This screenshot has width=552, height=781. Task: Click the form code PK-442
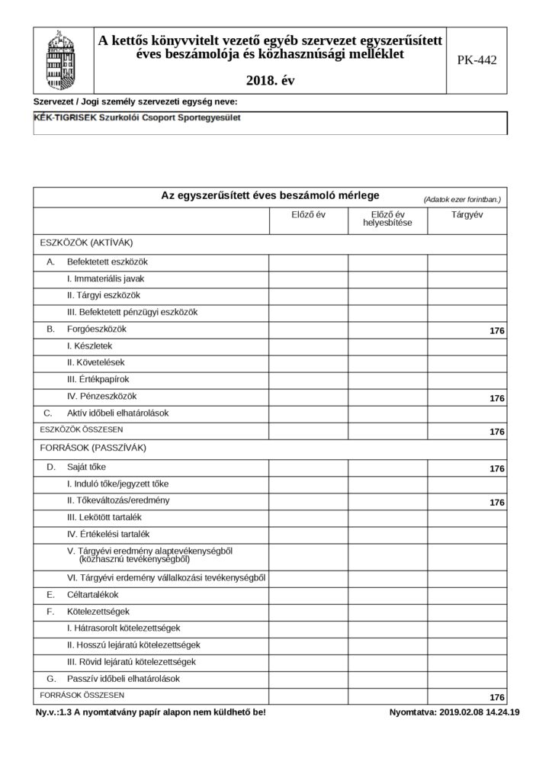pyautogui.click(x=477, y=60)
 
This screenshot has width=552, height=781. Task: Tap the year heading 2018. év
pyautogui.click(x=271, y=79)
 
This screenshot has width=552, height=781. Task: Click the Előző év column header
pyautogui.click(x=308, y=215)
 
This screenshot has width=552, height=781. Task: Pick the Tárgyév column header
pyautogui.click(x=467, y=215)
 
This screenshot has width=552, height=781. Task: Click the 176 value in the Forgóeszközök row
pyautogui.click(x=497, y=331)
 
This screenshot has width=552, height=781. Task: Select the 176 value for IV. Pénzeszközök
pyautogui.click(x=497, y=398)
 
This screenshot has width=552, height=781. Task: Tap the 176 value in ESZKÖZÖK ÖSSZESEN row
pyautogui.click(x=497, y=432)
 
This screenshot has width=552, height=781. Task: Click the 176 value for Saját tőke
pyautogui.click(x=497, y=468)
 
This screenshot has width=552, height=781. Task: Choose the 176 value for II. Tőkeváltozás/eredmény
pyautogui.click(x=497, y=502)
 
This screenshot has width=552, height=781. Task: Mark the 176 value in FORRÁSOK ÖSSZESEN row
pyautogui.click(x=497, y=697)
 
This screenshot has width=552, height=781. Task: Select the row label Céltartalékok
pyautogui.click(x=92, y=594)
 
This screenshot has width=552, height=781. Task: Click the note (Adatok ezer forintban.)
pyautogui.click(x=462, y=199)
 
